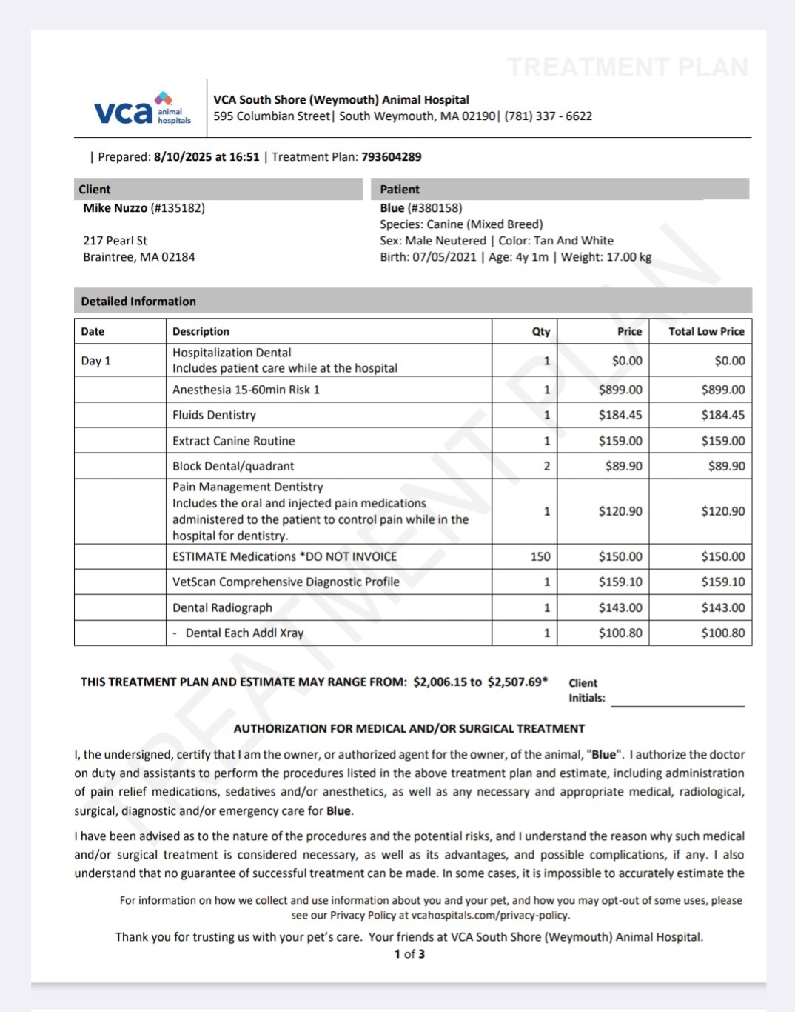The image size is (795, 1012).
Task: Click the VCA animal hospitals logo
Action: [x=142, y=110]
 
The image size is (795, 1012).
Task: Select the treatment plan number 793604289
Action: [x=392, y=157]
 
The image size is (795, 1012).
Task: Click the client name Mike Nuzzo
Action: [x=115, y=208]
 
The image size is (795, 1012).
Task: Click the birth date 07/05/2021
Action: [x=444, y=257]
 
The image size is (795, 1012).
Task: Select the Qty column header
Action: [x=541, y=332]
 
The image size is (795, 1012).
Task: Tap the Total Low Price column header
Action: [x=706, y=332]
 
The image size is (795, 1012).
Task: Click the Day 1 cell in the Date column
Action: [x=96, y=361]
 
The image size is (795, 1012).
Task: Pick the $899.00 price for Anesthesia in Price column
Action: [x=620, y=390]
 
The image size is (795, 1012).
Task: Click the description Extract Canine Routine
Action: [x=234, y=441]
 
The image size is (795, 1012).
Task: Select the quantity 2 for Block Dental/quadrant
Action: [x=547, y=466]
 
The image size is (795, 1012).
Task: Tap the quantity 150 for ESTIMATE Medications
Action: [x=540, y=556]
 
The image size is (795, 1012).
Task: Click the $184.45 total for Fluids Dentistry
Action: [x=723, y=415]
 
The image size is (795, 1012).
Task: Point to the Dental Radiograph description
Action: [x=222, y=607]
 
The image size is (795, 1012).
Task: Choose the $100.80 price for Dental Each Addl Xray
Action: [x=620, y=633]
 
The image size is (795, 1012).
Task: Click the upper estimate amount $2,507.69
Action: [x=516, y=682]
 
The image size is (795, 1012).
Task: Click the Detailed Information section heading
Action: [x=138, y=302]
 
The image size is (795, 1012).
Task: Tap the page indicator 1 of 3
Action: [x=409, y=954]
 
